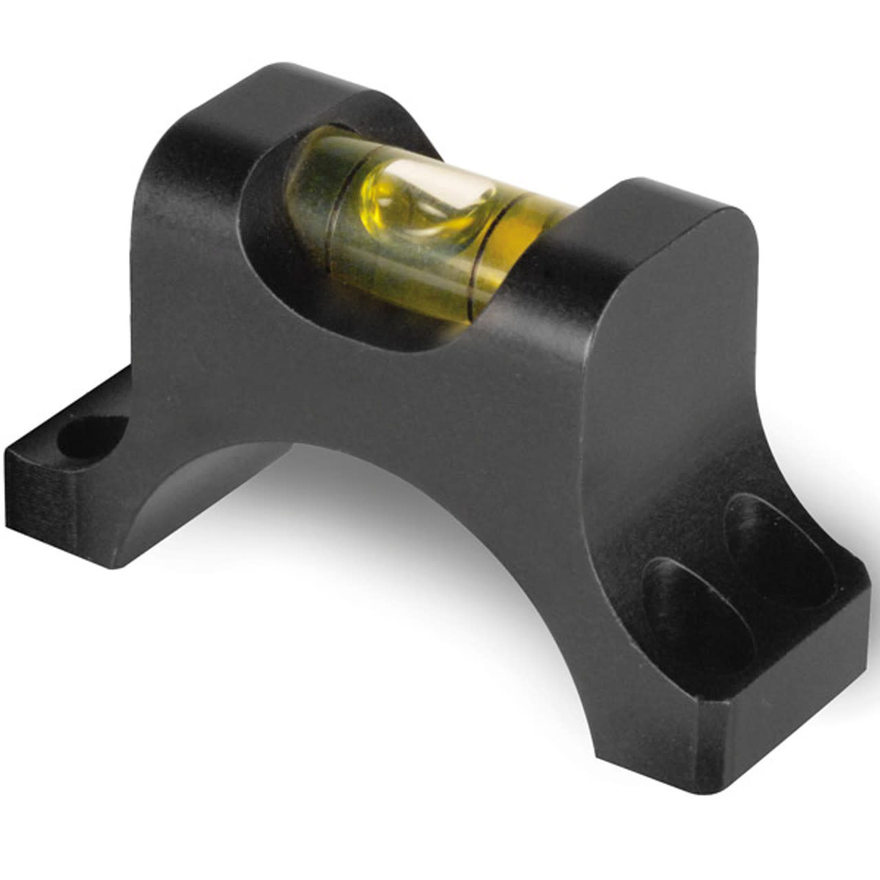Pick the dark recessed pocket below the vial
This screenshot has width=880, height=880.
pyautogui.click(x=385, y=323)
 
